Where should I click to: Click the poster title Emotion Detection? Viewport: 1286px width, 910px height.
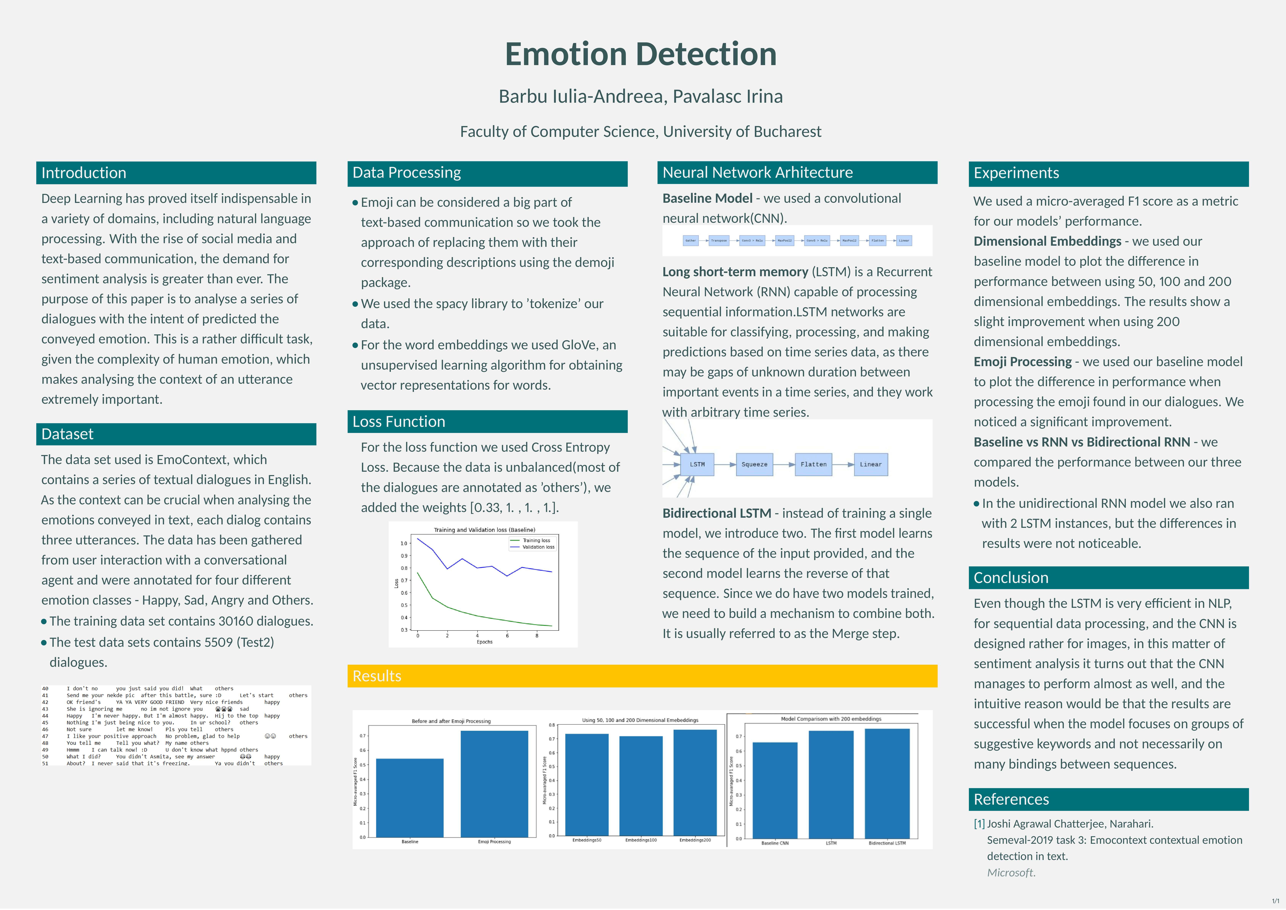click(641, 54)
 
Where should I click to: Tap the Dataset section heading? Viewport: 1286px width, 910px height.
click(67, 434)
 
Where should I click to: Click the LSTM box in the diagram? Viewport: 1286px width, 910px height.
click(697, 464)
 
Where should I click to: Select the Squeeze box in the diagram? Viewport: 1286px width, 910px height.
click(754, 464)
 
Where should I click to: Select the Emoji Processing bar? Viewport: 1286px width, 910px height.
click(494, 784)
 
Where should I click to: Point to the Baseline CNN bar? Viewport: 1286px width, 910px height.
click(775, 790)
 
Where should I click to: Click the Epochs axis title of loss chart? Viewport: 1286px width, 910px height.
click(484, 642)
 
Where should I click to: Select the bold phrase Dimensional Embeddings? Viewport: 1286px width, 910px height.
click(1047, 241)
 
